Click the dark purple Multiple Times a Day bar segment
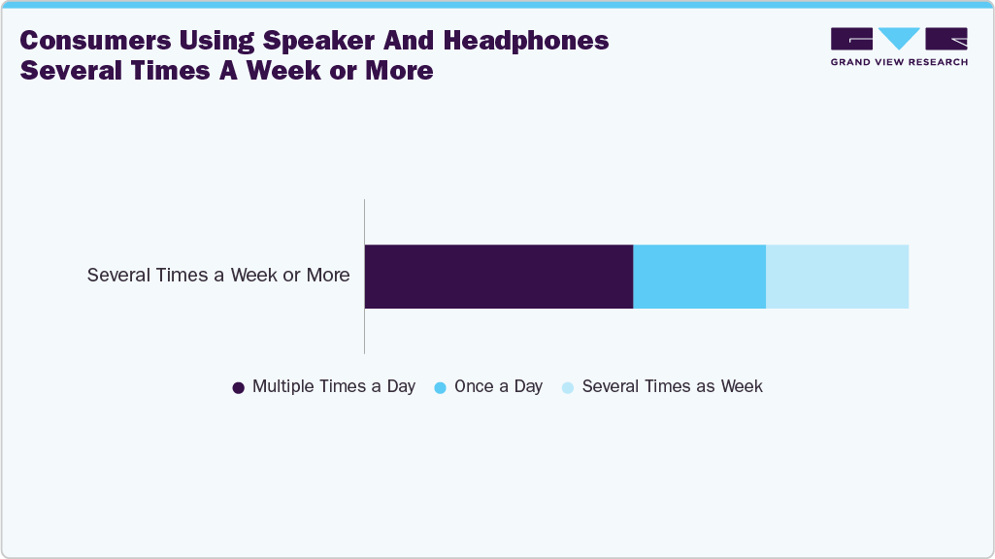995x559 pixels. click(x=498, y=277)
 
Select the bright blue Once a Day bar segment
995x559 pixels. click(x=699, y=277)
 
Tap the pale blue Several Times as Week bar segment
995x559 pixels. click(x=837, y=277)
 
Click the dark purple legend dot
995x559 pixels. click(x=238, y=387)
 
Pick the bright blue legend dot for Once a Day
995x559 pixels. click(x=440, y=387)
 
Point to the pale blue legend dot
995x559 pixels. click(x=568, y=387)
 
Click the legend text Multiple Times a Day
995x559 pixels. click(x=333, y=386)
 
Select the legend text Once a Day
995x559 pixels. click(x=498, y=386)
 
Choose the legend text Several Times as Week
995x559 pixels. click(x=672, y=386)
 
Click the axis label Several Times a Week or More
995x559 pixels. click(x=218, y=275)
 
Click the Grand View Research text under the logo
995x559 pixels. click(x=899, y=62)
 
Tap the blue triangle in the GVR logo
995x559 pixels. click(x=899, y=38)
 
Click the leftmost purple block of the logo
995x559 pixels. click(x=851, y=38)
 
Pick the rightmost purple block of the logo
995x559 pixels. click(x=946, y=38)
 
